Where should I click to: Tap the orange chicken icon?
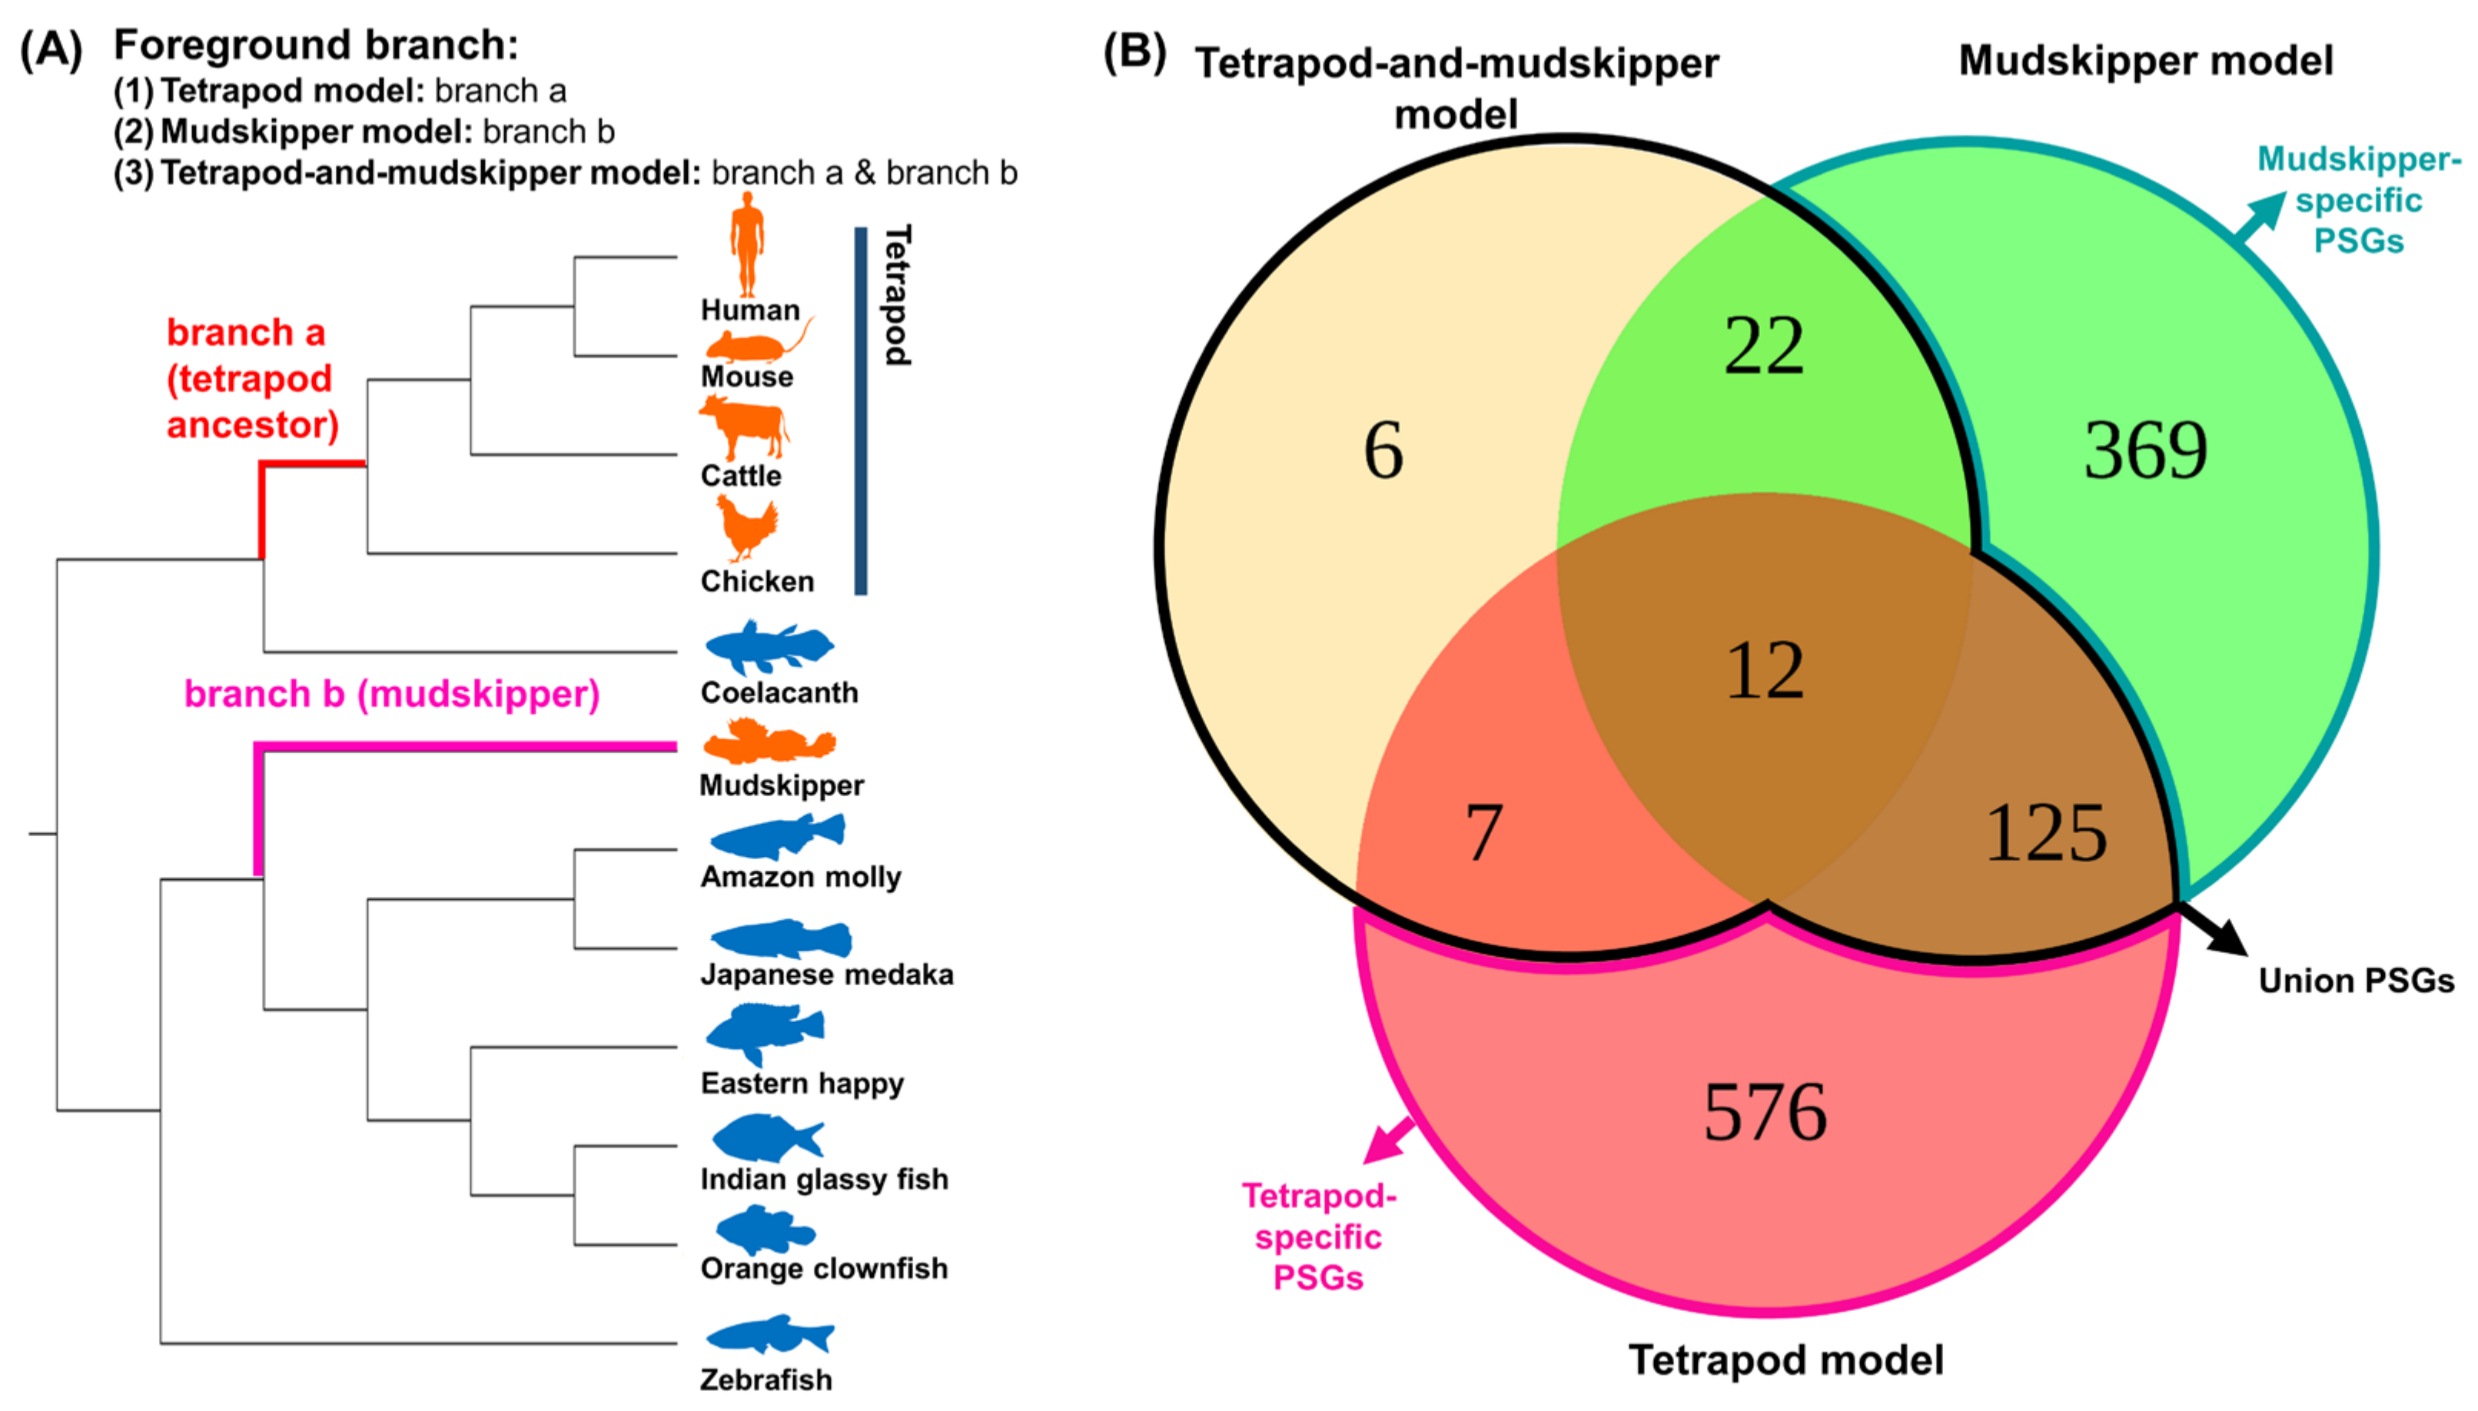tap(747, 528)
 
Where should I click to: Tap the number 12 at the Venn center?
tap(1765, 671)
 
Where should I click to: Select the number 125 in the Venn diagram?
tap(2045, 833)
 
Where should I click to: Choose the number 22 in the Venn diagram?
tap(1764, 346)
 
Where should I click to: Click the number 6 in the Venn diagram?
tap(1383, 450)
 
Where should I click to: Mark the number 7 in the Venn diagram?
tap(1483, 833)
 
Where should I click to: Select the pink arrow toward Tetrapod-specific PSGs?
tap(1388, 1140)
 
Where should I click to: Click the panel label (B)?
tap(1134, 51)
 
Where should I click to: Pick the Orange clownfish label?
tap(824, 1269)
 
